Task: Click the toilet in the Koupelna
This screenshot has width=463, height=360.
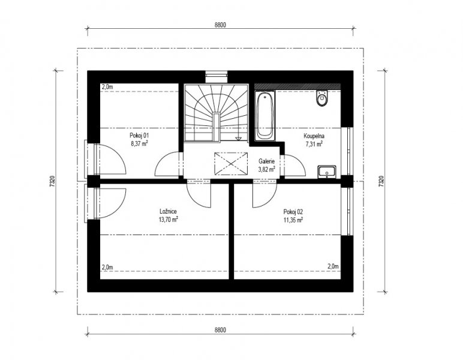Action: (322, 98)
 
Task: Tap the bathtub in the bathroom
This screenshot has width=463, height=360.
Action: (265, 116)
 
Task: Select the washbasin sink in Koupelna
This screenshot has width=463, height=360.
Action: (327, 172)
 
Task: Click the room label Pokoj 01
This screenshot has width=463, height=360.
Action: (139, 136)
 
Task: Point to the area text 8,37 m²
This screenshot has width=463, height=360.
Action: (139, 144)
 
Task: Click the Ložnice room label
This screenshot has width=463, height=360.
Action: (169, 211)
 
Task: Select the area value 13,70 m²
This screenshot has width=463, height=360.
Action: (169, 220)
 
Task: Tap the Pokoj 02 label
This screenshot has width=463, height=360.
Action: (293, 212)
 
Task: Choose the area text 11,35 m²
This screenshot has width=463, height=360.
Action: (293, 220)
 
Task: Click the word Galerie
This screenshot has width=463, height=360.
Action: (267, 161)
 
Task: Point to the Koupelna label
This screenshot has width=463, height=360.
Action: (314, 136)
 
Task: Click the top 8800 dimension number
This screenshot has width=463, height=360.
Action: (220, 25)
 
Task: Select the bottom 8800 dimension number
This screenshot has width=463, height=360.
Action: (220, 330)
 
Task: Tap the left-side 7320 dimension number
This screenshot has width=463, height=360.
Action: (52, 181)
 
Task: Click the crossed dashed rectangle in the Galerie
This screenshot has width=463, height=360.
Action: (231, 164)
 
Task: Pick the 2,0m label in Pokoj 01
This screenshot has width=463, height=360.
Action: (107, 87)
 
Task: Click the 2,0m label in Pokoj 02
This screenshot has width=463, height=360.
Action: (333, 266)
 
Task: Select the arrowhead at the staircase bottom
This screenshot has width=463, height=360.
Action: (238, 139)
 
